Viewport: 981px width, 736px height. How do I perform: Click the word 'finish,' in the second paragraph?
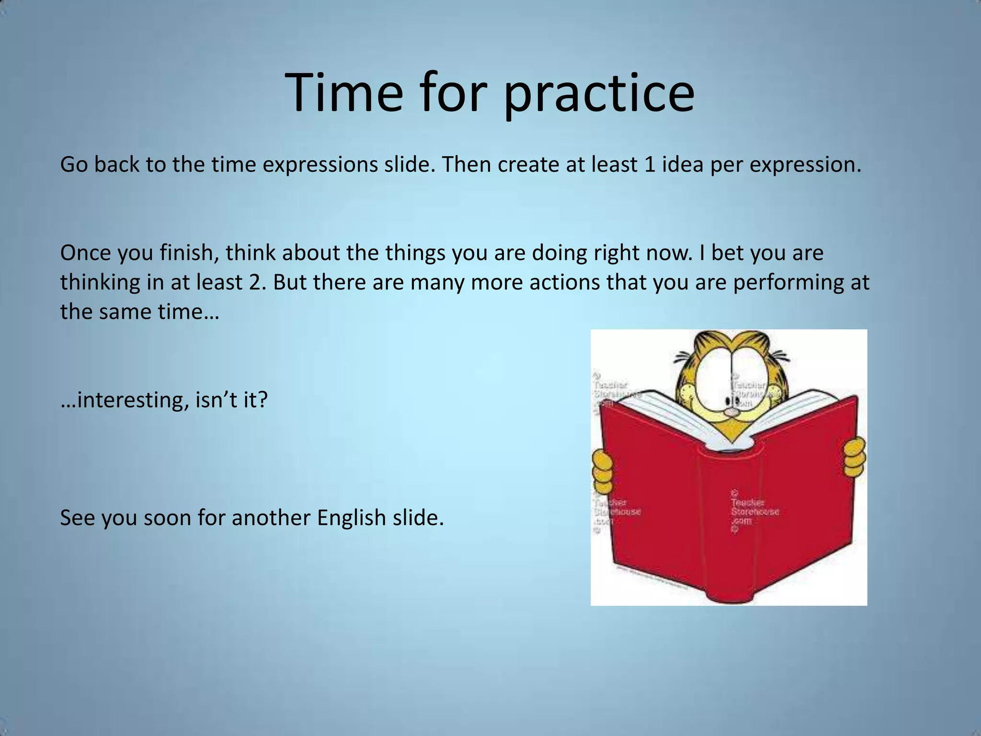pos(190,253)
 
